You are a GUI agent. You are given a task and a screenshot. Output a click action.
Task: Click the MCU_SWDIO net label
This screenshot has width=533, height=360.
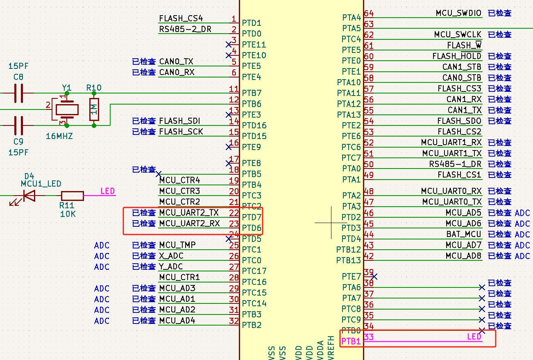tap(458, 13)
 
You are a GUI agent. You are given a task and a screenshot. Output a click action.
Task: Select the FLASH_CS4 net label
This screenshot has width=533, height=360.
tap(181, 18)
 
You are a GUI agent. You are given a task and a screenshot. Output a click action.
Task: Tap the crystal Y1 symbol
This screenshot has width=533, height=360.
tap(67, 109)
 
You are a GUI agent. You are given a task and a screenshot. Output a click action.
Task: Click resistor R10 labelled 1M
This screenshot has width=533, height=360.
tap(94, 109)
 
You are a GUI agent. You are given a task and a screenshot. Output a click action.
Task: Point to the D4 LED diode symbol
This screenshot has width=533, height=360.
tap(29, 196)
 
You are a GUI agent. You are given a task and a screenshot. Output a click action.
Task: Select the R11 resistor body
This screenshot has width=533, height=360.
tap(73, 196)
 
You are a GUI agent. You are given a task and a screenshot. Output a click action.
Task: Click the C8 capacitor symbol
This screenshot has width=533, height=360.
tap(18, 93)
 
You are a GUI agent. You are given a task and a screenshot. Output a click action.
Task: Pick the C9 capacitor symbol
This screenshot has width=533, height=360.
tap(18, 125)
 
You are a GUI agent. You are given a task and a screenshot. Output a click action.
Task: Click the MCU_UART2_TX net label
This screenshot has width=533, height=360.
tap(189, 213)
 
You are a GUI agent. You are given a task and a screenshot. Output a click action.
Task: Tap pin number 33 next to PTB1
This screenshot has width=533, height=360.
tap(369, 337)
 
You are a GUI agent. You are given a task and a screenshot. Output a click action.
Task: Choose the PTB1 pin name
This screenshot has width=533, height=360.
tap(351, 341)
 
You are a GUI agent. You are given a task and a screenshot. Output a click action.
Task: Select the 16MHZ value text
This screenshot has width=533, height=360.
tap(59, 136)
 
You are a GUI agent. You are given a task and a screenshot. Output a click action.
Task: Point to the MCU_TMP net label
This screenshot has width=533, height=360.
tap(177, 245)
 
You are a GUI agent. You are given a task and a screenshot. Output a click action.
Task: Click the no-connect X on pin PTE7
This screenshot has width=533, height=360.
tap(374, 277)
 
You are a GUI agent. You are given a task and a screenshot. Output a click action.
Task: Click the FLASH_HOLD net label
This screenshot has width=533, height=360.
tap(457, 56)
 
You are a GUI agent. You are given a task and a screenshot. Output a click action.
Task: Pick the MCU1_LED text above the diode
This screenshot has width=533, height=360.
tap(41, 183)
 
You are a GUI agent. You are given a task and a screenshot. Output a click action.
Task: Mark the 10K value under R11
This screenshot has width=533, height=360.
tap(68, 214)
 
